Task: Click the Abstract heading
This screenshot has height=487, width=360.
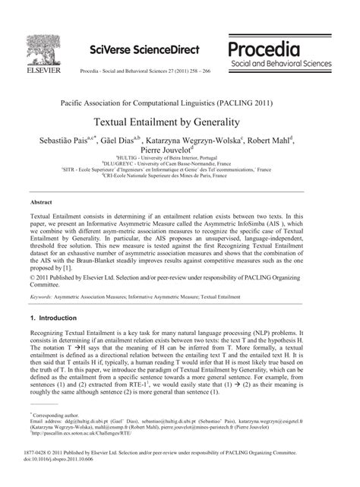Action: pos(41,202)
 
